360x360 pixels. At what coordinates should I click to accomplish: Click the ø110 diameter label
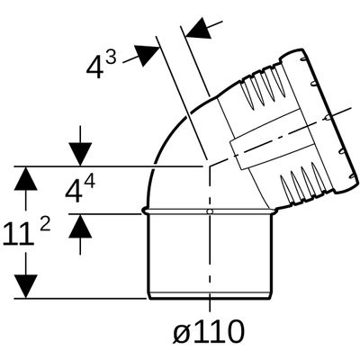pos(209,331)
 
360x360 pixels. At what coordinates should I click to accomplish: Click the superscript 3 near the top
pos(110,58)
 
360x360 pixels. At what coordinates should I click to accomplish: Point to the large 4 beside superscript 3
pos(94,68)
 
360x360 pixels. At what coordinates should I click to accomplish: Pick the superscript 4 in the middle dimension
pos(89,182)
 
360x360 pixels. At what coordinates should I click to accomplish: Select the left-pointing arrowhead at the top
pos(198,28)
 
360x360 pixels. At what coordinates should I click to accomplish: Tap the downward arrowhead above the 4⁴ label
pos(80,154)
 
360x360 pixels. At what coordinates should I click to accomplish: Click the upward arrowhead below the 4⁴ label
pos(80,227)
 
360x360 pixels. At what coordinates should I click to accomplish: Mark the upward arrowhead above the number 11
pos(26,178)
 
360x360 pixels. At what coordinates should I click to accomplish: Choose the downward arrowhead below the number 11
pos(26,286)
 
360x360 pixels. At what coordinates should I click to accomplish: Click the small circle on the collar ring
pos(210,211)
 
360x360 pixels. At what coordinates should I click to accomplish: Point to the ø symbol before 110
pos(181,332)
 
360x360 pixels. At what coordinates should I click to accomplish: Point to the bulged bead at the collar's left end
pos(145,211)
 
